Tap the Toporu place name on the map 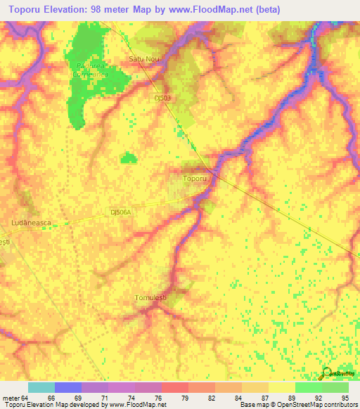pyautogui.click(x=195, y=179)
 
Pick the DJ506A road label pyautogui.click(x=122, y=212)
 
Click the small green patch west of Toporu pyautogui.click(x=128, y=158)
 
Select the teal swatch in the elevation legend pyautogui.click(x=41, y=387)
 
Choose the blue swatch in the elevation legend pyautogui.click(x=68, y=387)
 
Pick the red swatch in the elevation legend pyautogui.click(x=175, y=387)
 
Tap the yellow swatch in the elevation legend pyautogui.click(x=282, y=387)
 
